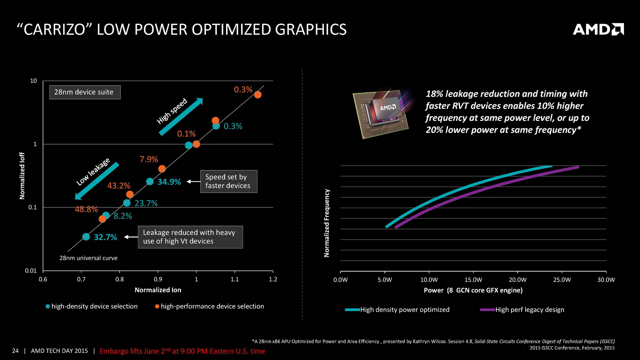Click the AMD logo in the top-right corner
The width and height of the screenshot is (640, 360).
598,29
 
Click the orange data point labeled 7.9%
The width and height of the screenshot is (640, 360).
162,169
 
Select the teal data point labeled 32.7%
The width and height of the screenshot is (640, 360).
86,237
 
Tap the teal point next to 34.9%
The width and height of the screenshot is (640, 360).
150,182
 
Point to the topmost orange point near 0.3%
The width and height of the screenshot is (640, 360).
258,95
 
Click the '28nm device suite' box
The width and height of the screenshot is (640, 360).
84,92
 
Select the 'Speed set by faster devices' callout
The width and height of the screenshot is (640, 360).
228,181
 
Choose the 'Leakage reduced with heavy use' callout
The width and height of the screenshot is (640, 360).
190,237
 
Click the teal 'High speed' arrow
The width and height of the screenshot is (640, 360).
181,116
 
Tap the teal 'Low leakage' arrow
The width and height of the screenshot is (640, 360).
97,181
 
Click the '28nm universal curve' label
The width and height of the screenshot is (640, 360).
88,258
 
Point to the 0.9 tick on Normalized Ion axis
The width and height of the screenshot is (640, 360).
158,279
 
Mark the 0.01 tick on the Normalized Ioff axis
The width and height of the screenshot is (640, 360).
31,271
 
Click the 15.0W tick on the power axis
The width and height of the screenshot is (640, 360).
473,280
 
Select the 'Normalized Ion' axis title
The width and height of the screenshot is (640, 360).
158,290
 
